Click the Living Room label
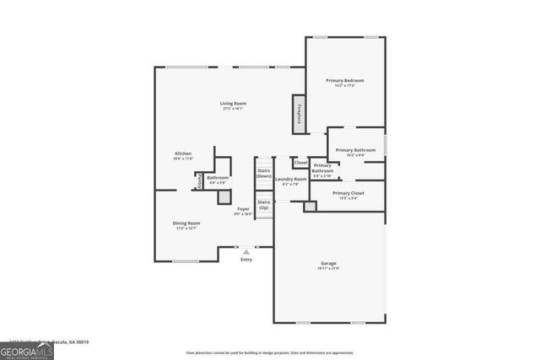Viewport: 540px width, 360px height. tap(233, 104)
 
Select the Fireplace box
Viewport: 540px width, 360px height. tap(298, 112)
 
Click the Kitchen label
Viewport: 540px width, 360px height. tap(183, 153)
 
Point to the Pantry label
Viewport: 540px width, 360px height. tap(198, 180)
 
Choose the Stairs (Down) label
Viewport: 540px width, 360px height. tap(264, 173)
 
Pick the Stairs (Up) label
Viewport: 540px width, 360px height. tap(264, 204)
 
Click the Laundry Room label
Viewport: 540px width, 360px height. tap(290, 179)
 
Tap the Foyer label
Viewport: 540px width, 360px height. tap(243, 208)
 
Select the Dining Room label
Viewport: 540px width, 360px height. tap(186, 223)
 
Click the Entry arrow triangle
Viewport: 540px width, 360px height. tap(246, 251)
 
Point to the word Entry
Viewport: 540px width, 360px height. tap(246, 260)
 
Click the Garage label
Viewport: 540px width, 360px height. tap(328, 263)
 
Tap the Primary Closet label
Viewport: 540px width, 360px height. tap(347, 193)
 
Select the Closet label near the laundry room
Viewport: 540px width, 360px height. tap(300, 163)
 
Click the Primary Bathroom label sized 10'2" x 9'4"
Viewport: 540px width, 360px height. tap(355, 150)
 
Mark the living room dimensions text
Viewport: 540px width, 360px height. tap(233, 109)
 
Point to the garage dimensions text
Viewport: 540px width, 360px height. tap(328, 268)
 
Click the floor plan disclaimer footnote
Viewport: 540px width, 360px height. tap(270, 352)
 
